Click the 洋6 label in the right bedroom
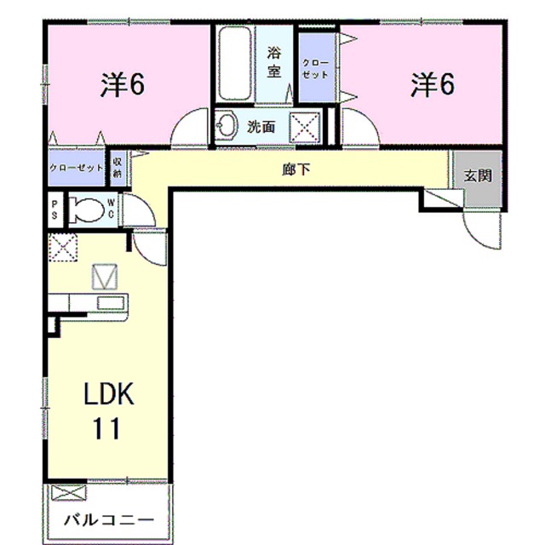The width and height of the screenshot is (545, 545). pos(433,84)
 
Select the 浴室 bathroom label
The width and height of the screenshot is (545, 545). pos(273,62)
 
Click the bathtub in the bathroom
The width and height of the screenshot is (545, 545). pos(233,66)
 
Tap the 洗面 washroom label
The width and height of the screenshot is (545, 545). pos(261,127)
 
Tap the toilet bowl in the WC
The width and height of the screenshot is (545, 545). pos(84,209)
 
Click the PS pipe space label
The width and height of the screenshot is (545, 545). pos(54,209)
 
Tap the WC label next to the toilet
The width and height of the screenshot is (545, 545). pos(112,209)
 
